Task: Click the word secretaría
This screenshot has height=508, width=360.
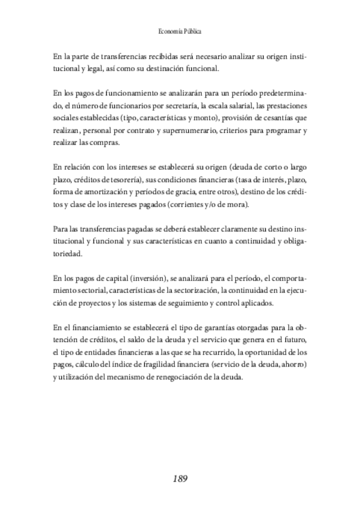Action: click(x=174, y=105)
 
